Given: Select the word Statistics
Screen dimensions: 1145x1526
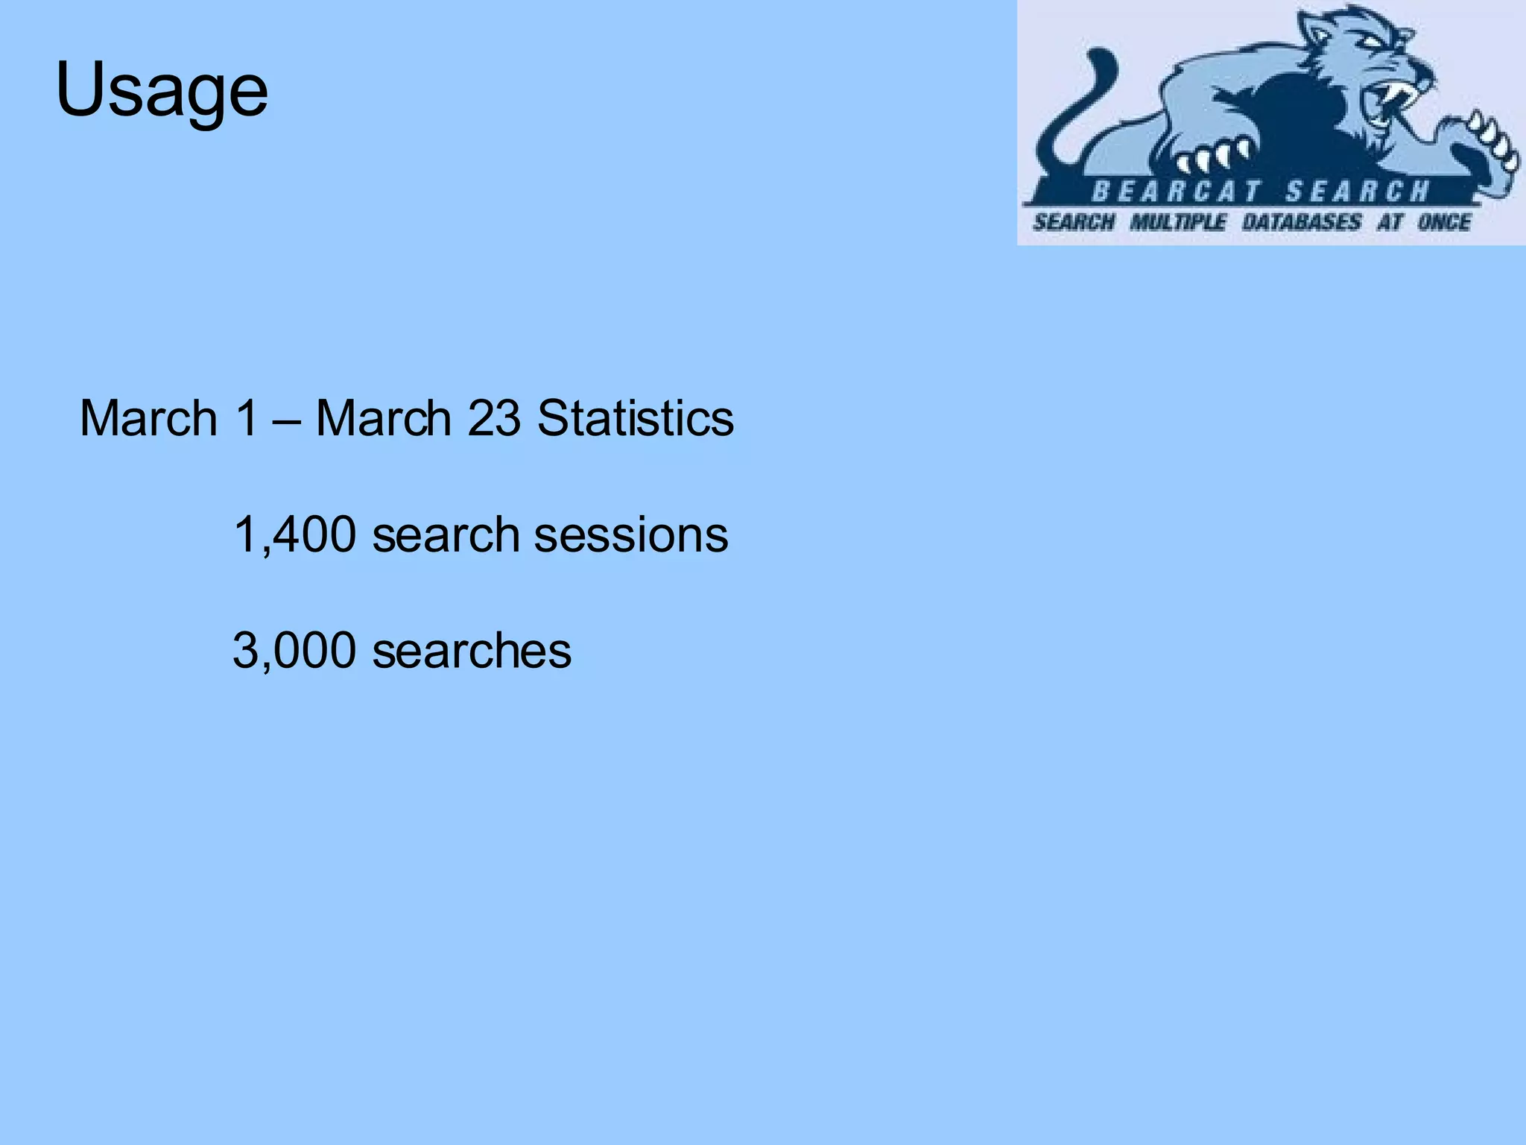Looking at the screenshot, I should tap(635, 418).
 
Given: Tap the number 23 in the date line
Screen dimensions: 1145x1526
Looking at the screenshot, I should tap(493, 418).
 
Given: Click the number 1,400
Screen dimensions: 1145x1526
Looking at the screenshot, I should tap(294, 535).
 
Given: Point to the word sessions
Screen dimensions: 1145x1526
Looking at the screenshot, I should tap(631, 535).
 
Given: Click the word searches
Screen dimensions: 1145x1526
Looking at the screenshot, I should tap(472, 651).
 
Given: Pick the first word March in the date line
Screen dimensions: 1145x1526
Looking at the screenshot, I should tap(148, 418).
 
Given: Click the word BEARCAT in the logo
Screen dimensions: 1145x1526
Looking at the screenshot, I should tap(1175, 192).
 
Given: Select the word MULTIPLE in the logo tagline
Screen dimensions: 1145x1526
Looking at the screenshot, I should tap(1177, 222).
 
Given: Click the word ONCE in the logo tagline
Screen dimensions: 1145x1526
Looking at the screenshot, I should tap(1443, 222).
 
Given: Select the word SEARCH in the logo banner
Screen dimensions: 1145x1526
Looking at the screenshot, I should tap(1358, 192).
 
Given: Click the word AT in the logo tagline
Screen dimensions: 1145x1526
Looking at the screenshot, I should tap(1389, 222).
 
